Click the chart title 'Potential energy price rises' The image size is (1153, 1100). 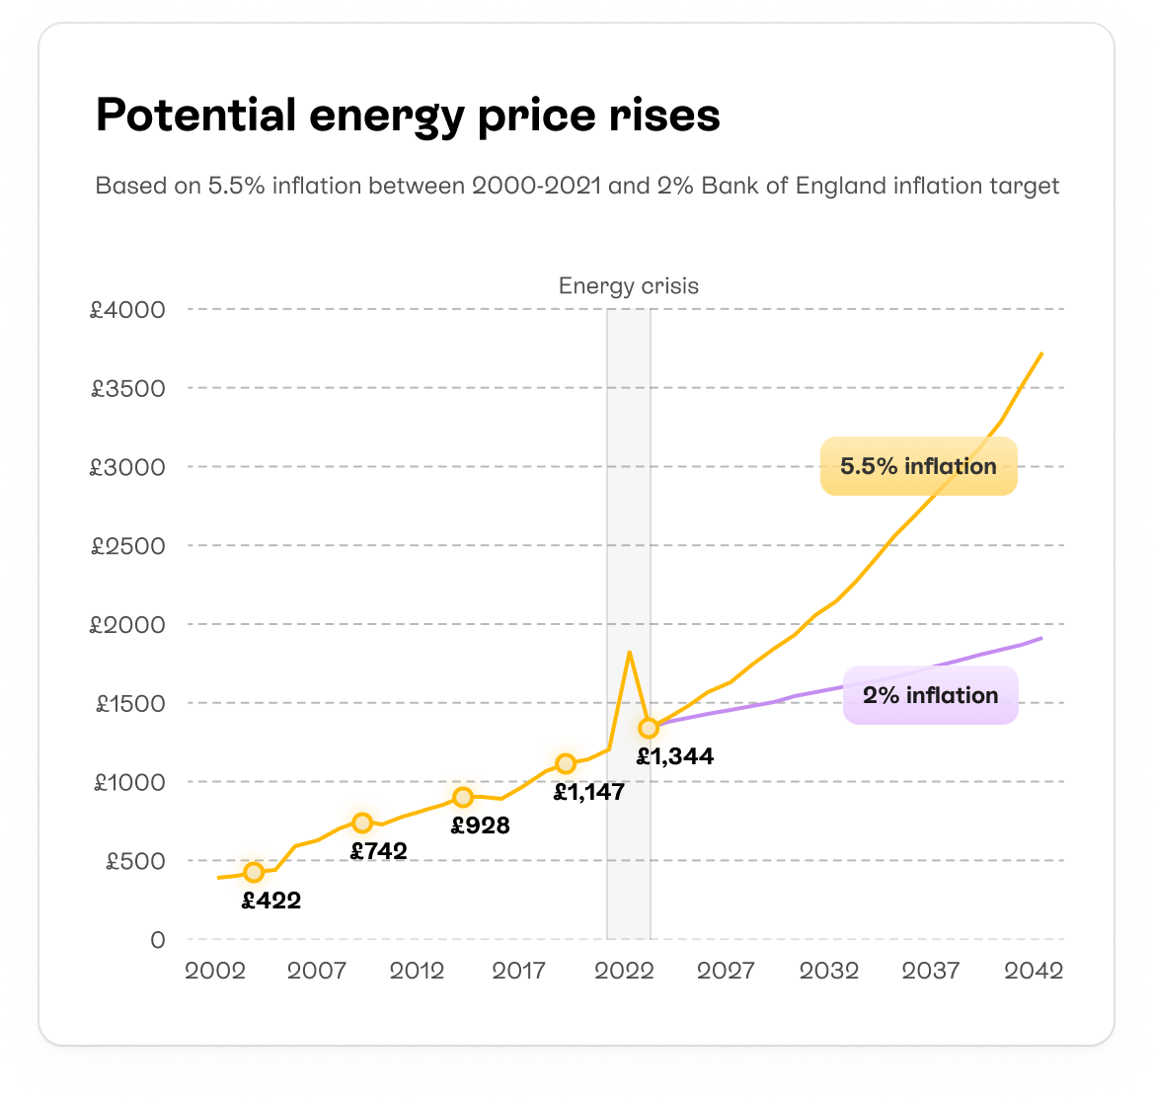[408, 117]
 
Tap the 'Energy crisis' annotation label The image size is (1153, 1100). [628, 286]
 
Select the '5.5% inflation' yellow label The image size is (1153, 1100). [918, 466]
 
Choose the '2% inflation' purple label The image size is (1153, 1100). [930, 695]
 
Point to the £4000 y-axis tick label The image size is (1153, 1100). [128, 310]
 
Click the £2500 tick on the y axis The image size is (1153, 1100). [128, 546]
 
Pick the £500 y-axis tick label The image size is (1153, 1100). [134, 861]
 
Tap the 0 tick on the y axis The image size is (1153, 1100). [157, 940]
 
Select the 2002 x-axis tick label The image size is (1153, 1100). [215, 971]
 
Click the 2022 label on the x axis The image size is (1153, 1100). [624, 971]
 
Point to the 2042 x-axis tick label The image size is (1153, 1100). [1034, 971]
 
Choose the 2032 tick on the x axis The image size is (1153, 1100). [828, 971]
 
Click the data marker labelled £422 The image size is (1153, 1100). [254, 872]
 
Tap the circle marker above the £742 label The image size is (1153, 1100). [362, 823]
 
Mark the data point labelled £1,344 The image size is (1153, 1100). [648, 729]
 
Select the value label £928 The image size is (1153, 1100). [481, 825]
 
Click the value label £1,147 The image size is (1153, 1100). [588, 792]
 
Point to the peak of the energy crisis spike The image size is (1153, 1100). [629, 652]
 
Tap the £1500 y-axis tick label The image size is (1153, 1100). [128, 704]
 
